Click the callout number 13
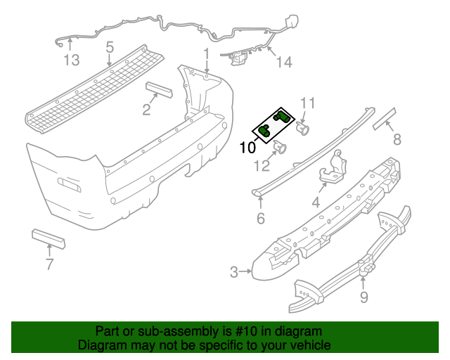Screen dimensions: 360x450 coord(72,60)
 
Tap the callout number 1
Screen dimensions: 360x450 coord(207,53)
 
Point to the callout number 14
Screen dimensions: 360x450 coord(283,63)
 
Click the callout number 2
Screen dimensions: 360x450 coord(146,109)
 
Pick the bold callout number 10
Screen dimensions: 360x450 coord(247,148)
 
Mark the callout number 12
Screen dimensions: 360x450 coord(262,166)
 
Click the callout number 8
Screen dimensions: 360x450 coord(397,140)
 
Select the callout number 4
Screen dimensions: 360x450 coord(316,204)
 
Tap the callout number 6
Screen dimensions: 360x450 coord(261,219)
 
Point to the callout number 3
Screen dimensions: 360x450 coord(234,271)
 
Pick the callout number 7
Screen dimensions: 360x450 coord(49,264)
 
